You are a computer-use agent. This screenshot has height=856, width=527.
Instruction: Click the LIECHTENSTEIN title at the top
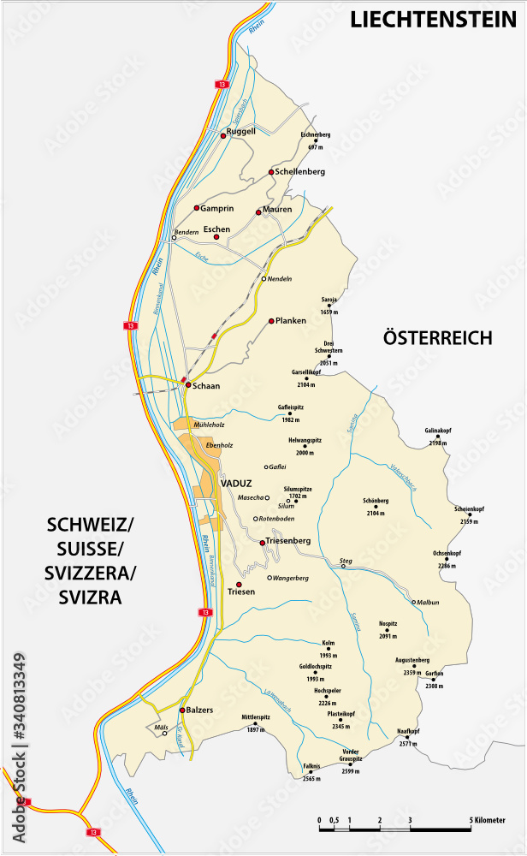point(434,20)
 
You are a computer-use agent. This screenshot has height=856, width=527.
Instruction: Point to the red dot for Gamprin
point(197,208)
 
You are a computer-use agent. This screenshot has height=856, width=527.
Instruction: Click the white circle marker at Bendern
point(174,239)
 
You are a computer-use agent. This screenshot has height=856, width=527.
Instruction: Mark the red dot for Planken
point(271,321)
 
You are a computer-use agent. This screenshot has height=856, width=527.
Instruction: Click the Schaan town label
point(206,386)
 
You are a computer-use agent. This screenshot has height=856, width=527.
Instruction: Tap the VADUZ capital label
point(236,483)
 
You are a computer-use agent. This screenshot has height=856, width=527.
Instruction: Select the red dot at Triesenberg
point(262,542)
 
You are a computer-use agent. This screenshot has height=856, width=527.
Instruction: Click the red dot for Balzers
point(182,710)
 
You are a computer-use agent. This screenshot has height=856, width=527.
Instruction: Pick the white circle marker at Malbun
point(413,602)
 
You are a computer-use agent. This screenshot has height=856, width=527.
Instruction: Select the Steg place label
point(346,561)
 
